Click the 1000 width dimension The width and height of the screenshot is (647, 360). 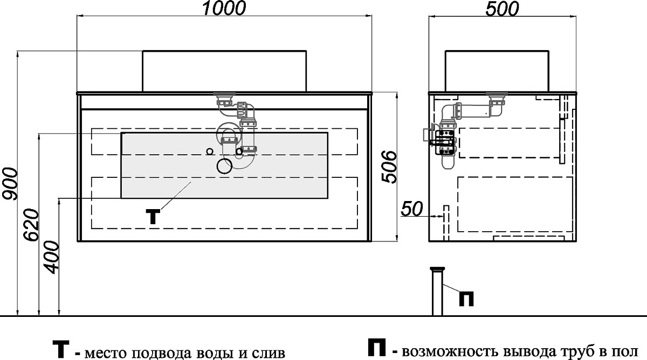(224, 8)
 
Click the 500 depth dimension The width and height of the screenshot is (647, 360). (502, 9)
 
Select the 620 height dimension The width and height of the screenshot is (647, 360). (31, 225)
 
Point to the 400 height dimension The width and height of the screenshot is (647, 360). (51, 257)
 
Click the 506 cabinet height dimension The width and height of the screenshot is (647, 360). (389, 167)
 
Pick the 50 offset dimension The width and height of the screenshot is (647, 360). (412, 209)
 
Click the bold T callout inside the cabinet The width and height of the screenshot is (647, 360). (153, 217)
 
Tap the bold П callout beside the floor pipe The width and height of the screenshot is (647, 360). (466, 299)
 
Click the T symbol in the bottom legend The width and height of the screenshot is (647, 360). (61, 349)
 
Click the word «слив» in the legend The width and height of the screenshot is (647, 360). (269, 353)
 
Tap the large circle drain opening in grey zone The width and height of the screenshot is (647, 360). (224, 166)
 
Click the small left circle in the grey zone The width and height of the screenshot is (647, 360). (210, 151)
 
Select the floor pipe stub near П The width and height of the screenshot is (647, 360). (437, 292)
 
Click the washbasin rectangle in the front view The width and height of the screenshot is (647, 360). (224, 71)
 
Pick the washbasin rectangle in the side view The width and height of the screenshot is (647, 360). (497, 71)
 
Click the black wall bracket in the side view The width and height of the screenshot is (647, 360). (445, 143)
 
